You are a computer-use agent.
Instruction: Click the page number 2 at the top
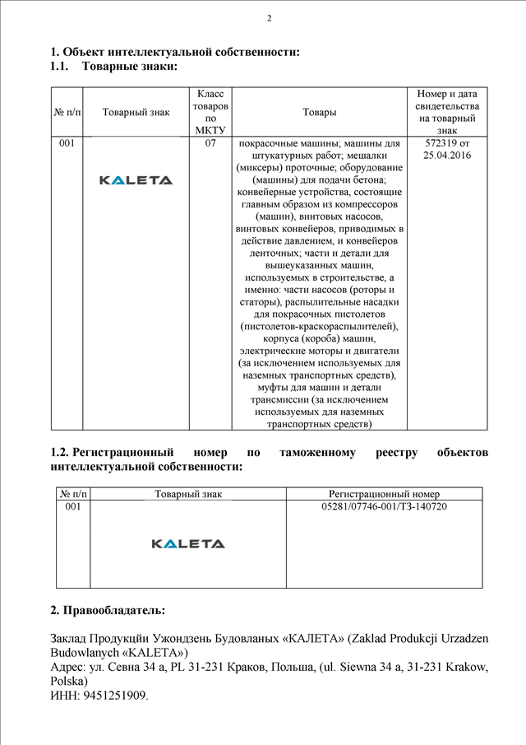[x=270, y=18]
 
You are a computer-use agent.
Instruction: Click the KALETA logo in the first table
[x=136, y=180]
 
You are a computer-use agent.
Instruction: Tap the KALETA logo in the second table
[x=188, y=543]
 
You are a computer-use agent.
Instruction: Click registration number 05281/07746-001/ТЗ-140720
[x=384, y=506]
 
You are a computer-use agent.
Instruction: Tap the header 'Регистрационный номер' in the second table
[x=384, y=494]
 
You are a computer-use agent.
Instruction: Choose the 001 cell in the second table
[x=72, y=506]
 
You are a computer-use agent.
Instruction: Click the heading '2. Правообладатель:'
[x=108, y=611]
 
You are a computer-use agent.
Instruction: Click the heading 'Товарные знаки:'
[x=130, y=66]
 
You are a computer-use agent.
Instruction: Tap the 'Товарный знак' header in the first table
[x=136, y=113]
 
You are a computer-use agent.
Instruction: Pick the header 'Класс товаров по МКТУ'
[x=210, y=112]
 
